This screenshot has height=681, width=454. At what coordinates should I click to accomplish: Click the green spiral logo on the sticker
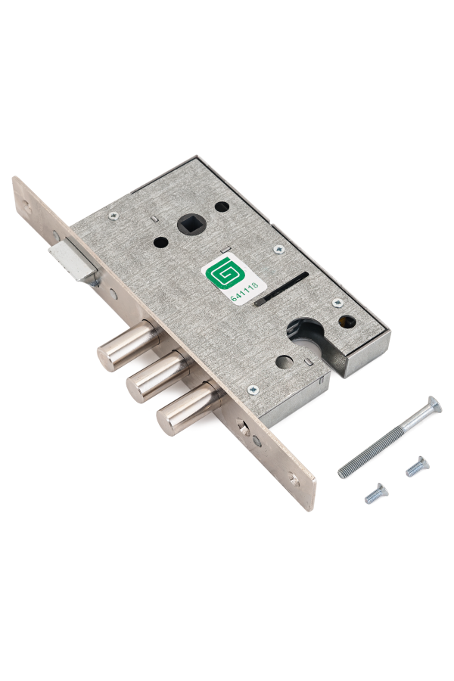point(223,274)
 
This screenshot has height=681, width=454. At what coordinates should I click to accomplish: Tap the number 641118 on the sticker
point(244,291)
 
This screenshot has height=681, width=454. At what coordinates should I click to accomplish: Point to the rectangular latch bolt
point(73,260)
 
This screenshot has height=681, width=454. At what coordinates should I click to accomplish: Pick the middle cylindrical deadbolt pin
point(157,376)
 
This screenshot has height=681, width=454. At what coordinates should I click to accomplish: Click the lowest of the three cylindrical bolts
point(188,409)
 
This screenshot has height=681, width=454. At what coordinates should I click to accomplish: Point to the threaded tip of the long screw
point(344,472)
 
